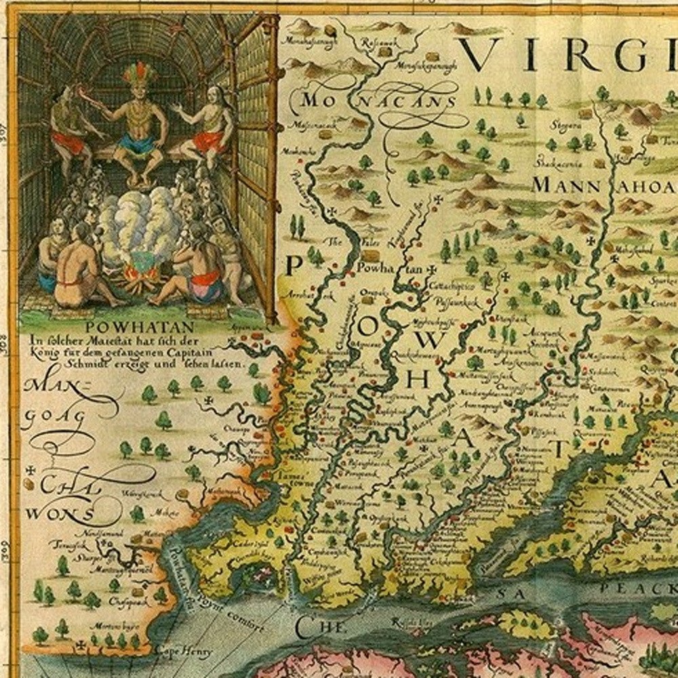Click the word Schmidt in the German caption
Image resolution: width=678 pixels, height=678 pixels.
pyautogui.click(x=83, y=363)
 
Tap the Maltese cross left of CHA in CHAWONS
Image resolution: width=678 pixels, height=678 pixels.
pyautogui.click(x=30, y=469)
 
